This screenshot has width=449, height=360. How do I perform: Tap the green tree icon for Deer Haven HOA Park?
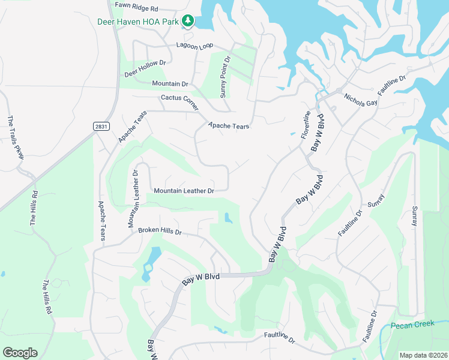click(x=188, y=21)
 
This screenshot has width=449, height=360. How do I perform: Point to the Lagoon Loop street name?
click(x=195, y=46)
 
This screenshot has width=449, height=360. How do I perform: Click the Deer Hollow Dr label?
click(x=145, y=68)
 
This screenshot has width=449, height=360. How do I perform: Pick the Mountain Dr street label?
click(x=170, y=83)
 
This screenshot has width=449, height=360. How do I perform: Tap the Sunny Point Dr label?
click(x=224, y=77)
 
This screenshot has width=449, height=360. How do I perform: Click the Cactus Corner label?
click(x=179, y=98)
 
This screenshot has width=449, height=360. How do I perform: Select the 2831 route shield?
click(x=101, y=126)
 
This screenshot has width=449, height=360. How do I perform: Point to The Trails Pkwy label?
click(x=16, y=137)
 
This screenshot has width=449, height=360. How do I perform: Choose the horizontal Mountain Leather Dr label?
click(x=184, y=191)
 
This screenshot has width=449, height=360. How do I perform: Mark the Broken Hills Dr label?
click(x=160, y=230)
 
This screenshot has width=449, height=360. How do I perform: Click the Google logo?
click(x=20, y=353)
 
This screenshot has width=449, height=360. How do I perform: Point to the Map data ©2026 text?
click(x=423, y=355)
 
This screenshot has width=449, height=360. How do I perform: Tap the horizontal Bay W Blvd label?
click(x=201, y=277)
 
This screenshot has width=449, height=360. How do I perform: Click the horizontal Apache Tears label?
click(x=228, y=126)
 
